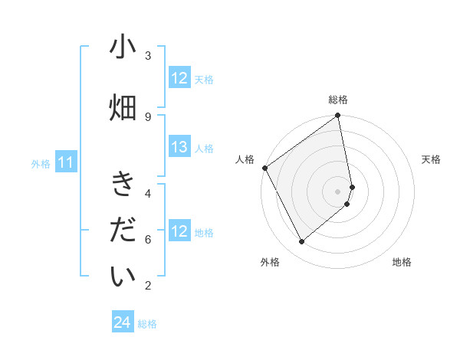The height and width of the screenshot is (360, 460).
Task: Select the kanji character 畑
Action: tap(123, 108)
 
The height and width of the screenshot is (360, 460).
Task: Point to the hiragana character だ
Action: tap(123, 231)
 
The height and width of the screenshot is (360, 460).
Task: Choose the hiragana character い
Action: tap(123, 277)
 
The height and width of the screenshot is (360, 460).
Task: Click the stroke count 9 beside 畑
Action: tap(148, 116)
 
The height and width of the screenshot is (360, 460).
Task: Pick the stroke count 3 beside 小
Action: tap(148, 55)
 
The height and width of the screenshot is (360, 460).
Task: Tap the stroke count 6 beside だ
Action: tap(148, 239)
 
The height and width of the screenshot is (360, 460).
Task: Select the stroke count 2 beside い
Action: tap(148, 286)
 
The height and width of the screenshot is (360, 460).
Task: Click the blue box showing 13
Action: tap(179, 148)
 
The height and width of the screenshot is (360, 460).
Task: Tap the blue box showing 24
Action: tap(123, 323)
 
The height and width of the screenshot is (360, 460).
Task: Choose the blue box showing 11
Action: tap(66, 162)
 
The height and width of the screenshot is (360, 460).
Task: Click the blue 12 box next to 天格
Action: tap(179, 78)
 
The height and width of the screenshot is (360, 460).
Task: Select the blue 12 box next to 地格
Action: tap(179, 231)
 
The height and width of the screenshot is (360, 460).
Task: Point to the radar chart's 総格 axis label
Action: tap(338, 100)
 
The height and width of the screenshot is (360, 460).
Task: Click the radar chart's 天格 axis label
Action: tap(431, 159)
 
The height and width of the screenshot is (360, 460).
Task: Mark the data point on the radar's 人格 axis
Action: tap(264, 168)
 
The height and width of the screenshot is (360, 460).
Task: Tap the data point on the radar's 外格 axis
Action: tap(301, 242)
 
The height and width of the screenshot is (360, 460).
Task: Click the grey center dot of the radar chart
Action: tap(338, 191)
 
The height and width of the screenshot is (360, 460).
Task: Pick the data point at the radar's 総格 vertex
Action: tap(338, 116)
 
